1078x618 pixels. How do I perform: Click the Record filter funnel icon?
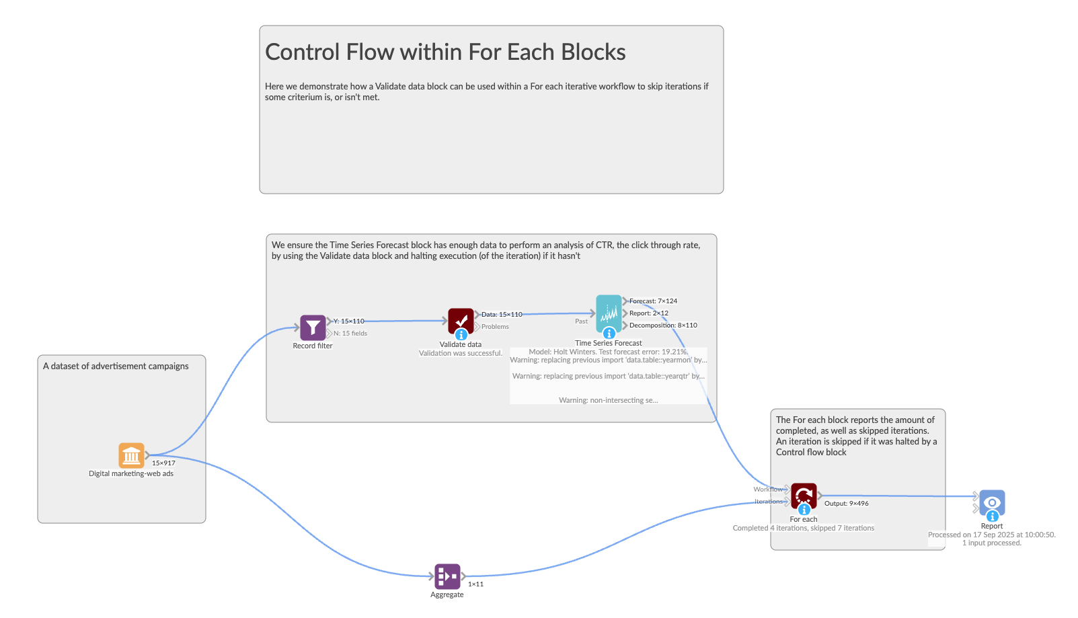pyautogui.click(x=313, y=327)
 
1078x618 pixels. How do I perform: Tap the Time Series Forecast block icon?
pyautogui.click(x=609, y=313)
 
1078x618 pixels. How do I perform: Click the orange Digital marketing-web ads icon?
pyautogui.click(x=131, y=455)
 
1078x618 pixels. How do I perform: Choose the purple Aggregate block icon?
pyautogui.click(x=447, y=576)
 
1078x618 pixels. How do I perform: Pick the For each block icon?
pyautogui.click(x=804, y=495)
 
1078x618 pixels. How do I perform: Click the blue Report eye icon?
pyautogui.click(x=992, y=502)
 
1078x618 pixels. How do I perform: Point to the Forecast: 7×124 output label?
pyautogui.click(x=653, y=301)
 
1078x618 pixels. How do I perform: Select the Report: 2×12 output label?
pyautogui.click(x=648, y=313)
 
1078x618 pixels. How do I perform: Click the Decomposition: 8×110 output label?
pyautogui.click(x=663, y=325)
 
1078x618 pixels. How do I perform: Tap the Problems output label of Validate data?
pyautogui.click(x=495, y=327)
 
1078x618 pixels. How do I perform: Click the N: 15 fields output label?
pyautogui.click(x=350, y=334)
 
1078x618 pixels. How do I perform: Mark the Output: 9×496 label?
pyautogui.click(x=846, y=504)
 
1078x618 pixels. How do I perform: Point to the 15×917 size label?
pyautogui.click(x=163, y=463)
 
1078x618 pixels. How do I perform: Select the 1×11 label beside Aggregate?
pyautogui.click(x=475, y=584)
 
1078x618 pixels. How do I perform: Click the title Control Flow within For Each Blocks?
pyautogui.click(x=445, y=52)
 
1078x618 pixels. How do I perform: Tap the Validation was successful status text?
pyautogui.click(x=461, y=353)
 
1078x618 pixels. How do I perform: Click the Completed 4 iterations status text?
pyautogui.click(x=803, y=529)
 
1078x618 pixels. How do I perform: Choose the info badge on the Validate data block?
pyautogui.click(x=461, y=334)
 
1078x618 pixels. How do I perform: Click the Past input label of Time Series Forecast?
pyautogui.click(x=581, y=321)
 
